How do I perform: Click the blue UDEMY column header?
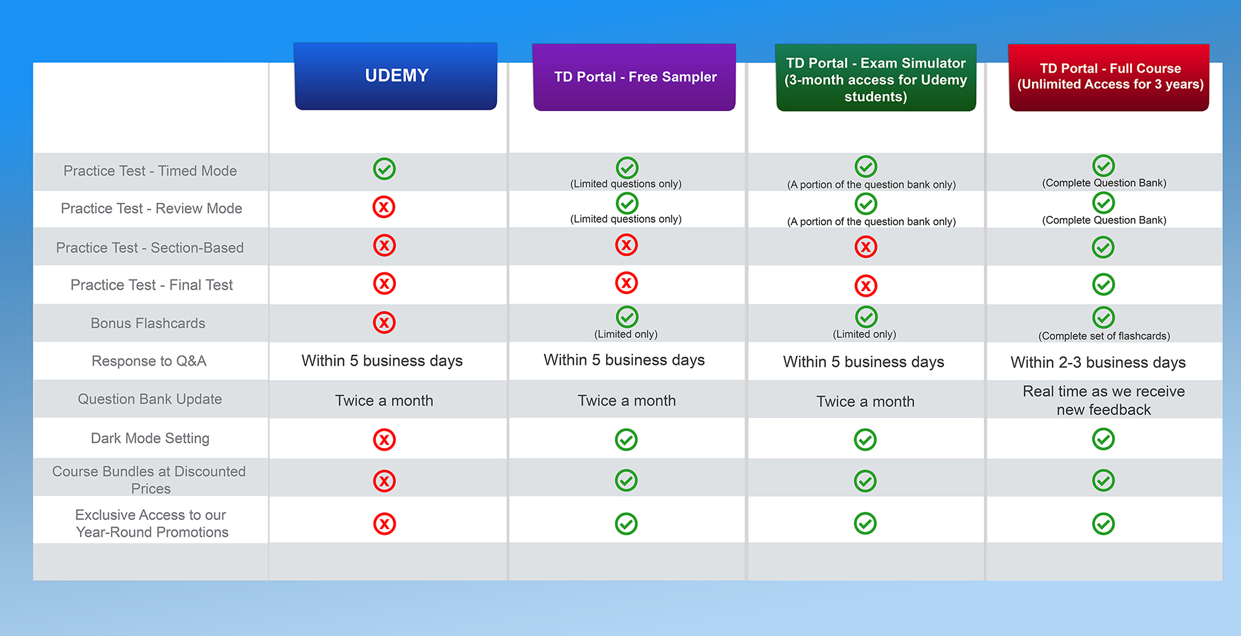pyautogui.click(x=396, y=76)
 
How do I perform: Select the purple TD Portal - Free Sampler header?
pyautogui.click(x=634, y=77)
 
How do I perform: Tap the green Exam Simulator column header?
pyautogui.click(x=876, y=79)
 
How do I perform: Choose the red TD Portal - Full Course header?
pyautogui.click(x=1109, y=77)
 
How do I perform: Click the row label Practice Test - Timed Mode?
pyautogui.click(x=150, y=171)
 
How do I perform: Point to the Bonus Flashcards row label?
pyautogui.click(x=148, y=324)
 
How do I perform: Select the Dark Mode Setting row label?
pyautogui.click(x=150, y=439)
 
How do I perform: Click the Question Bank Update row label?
pyautogui.click(x=150, y=399)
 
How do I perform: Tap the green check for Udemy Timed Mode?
pyautogui.click(x=384, y=169)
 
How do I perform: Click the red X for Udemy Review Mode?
pyautogui.click(x=384, y=207)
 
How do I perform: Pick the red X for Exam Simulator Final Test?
pyautogui.click(x=866, y=286)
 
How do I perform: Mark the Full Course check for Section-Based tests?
pyautogui.click(x=1103, y=247)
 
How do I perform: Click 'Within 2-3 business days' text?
pyautogui.click(x=1098, y=363)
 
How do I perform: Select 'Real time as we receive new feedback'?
pyautogui.click(x=1104, y=401)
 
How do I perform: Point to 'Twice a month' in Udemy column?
pyautogui.click(x=384, y=401)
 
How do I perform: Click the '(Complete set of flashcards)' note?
pyautogui.click(x=1104, y=337)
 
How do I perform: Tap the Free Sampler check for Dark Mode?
pyautogui.click(x=626, y=439)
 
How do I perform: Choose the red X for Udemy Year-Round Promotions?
pyautogui.click(x=384, y=524)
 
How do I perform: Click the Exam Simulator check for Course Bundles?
pyautogui.click(x=865, y=481)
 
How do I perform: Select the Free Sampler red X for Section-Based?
pyautogui.click(x=626, y=245)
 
